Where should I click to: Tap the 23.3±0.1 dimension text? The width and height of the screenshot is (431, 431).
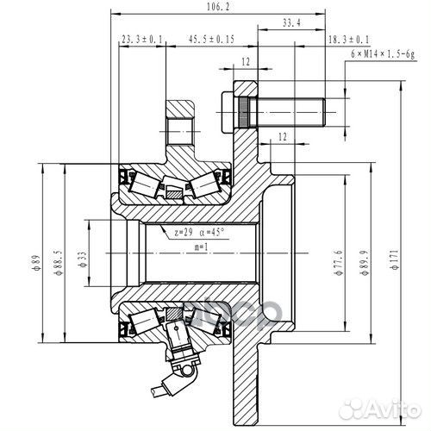pyautogui.click(x=141, y=41)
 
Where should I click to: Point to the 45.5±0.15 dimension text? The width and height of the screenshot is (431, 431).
pyautogui.click(x=210, y=41)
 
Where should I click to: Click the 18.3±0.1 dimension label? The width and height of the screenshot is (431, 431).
pyautogui.click(x=348, y=41)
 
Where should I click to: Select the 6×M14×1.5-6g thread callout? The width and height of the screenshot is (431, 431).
pyautogui.click(x=383, y=53)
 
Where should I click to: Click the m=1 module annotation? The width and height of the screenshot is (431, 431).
pyautogui.click(x=199, y=247)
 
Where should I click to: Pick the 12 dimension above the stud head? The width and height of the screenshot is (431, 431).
pyautogui.click(x=246, y=62)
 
